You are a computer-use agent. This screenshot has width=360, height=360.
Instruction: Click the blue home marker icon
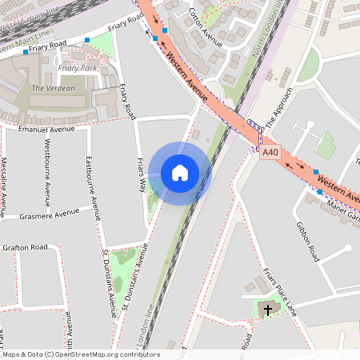pyautogui.click(x=180, y=172)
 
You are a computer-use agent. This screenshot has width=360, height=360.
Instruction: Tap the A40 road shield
pyautogui.click(x=270, y=151)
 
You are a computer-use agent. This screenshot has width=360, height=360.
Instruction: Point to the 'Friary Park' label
pyautogui.click(x=77, y=69)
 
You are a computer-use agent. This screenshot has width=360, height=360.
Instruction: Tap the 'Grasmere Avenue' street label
pyautogui.click(x=50, y=212)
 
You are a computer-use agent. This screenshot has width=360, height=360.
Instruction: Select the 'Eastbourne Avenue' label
pyautogui.click(x=93, y=187)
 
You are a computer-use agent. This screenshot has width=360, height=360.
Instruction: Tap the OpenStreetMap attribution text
pyautogui.click(x=81, y=354)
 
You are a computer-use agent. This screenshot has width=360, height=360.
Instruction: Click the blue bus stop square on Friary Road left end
pyautogui.click(x=26, y=51)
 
